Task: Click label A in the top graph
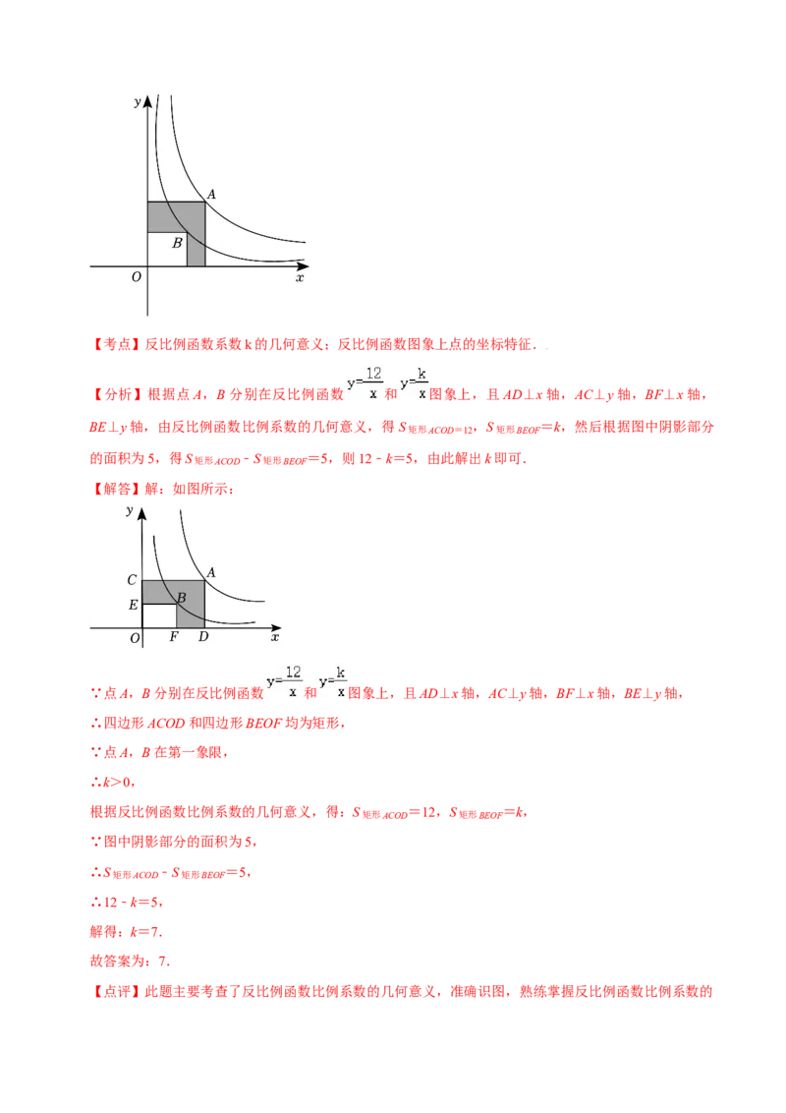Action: (211, 195)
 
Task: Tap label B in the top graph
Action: (177, 243)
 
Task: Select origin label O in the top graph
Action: (136, 277)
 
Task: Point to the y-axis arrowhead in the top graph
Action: (147, 99)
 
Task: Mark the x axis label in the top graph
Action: (300, 278)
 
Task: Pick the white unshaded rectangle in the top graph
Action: (167, 249)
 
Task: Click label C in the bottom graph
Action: (132, 580)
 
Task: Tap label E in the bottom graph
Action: (133, 605)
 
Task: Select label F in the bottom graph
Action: (174, 637)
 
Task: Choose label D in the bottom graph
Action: (202, 637)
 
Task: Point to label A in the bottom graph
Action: (211, 572)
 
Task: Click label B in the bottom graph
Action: (181, 597)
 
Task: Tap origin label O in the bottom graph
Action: (135, 638)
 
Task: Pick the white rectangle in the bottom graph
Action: (159, 615)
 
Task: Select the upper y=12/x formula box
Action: (364, 381)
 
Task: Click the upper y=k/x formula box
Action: (413, 381)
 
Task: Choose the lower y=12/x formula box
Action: (283, 680)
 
